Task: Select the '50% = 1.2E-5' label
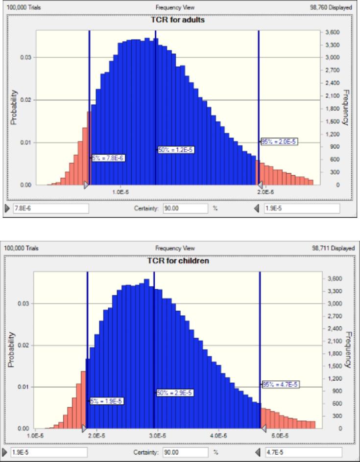(175, 149)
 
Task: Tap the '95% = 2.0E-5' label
(279, 142)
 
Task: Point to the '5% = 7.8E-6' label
(108, 158)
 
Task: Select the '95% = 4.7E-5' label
(280, 385)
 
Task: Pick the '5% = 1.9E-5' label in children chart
(106, 401)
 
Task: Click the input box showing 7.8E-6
(50, 208)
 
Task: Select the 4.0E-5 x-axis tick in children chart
(218, 435)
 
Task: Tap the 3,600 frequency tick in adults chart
(333, 32)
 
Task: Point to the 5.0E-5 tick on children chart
(279, 435)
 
